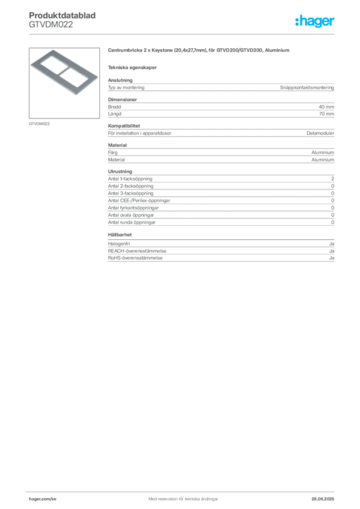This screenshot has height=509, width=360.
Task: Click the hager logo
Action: click(315, 21)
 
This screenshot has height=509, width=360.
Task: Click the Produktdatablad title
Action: click(62, 15)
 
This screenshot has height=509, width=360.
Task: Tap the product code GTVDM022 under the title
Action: click(51, 25)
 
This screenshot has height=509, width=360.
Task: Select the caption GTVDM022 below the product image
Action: click(39, 124)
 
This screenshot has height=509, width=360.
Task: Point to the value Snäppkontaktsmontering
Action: click(307, 87)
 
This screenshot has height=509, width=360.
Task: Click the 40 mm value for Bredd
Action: click(326, 107)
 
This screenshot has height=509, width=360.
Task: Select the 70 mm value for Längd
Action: click(326, 114)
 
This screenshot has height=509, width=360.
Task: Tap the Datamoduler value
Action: click(320, 133)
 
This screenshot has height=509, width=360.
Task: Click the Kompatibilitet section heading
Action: click(124, 126)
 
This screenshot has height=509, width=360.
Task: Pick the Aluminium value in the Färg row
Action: click(323, 153)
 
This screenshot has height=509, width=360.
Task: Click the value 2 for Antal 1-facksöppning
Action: click(333, 179)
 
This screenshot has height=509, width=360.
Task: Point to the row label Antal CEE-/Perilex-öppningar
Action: click(139, 201)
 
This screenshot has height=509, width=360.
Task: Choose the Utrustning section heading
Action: click(120, 171)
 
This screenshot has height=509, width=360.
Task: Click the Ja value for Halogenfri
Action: click(332, 244)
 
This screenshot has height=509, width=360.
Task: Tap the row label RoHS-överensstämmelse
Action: click(135, 258)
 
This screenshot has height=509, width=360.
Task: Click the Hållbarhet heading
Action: click(120, 235)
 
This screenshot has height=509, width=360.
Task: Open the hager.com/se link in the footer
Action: click(43, 499)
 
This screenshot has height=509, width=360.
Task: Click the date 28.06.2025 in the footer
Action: click(323, 499)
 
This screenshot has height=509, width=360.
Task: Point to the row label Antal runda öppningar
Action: click(132, 222)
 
